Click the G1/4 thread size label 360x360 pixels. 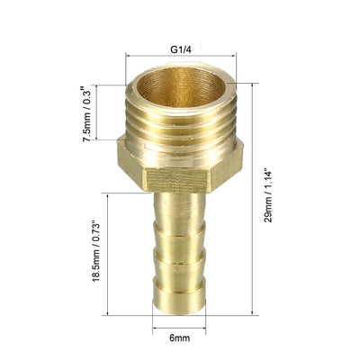(181, 49)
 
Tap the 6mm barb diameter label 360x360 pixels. (179, 338)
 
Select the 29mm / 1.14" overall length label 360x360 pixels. (268, 196)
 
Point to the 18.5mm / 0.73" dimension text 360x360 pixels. (95, 251)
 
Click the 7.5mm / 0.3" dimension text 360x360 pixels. (87, 114)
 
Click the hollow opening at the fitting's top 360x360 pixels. (182, 86)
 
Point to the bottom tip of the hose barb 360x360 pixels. (179, 313)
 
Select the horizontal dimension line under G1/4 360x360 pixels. (181, 56)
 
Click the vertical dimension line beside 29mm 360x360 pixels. (252, 199)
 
